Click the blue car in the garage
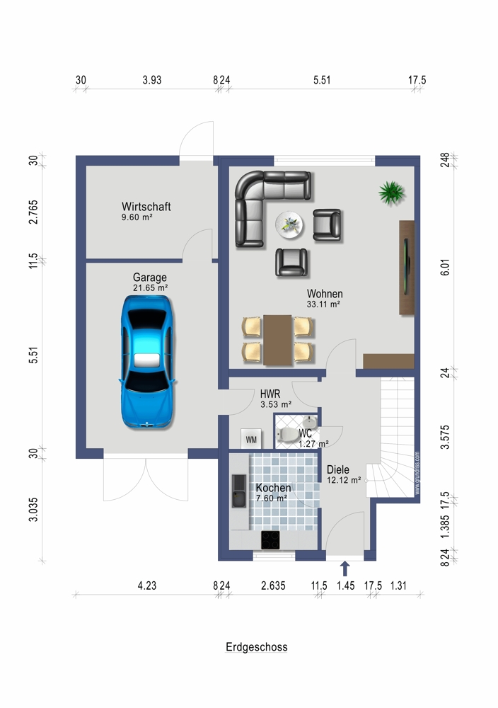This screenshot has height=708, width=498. tap(147, 362)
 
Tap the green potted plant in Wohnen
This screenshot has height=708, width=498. tap(391, 193)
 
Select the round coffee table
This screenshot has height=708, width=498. tap(289, 224)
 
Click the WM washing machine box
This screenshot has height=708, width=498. tap(251, 439)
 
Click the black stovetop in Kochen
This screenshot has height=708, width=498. tap(270, 540)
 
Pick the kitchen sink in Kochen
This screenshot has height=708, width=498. tap(239, 491)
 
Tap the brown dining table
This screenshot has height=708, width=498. tap(278, 340)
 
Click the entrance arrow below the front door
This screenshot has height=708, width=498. tap(345, 569)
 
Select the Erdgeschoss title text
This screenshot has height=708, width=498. tap(257, 647)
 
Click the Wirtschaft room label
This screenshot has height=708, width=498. tap(146, 207)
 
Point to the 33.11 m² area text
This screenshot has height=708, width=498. tap(323, 304)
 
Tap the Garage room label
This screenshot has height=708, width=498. tap(150, 278)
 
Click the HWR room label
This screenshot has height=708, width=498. tap(270, 394)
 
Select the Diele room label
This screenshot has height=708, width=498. tap(338, 469)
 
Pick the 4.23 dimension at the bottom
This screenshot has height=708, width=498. tap(147, 586)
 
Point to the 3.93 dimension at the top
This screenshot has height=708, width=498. tap(152, 80)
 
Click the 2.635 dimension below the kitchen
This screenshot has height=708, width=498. tap(273, 586)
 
